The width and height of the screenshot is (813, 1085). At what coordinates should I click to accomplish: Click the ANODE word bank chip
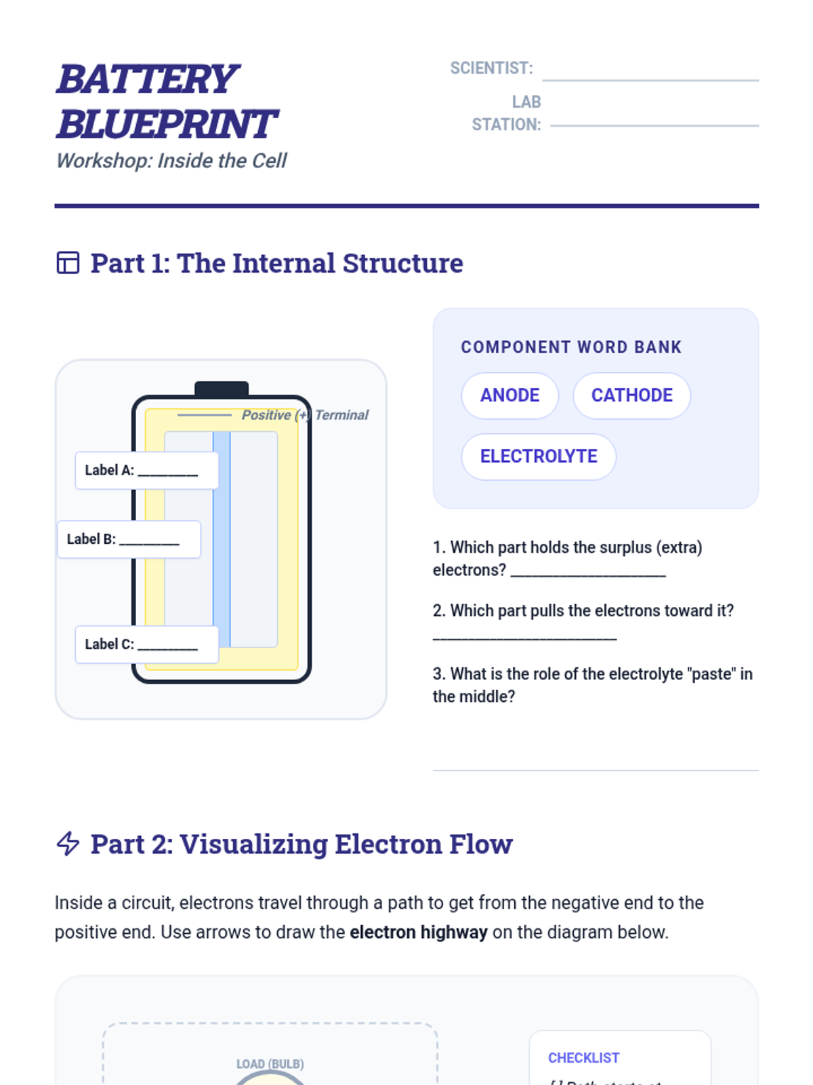click(509, 395)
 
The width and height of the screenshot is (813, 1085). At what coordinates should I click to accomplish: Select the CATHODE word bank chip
click(631, 395)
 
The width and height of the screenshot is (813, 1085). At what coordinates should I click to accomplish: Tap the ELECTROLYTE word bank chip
click(539, 456)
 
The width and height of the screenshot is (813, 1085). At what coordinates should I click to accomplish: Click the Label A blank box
click(146, 470)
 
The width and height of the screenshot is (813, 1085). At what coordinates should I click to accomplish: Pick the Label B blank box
click(129, 539)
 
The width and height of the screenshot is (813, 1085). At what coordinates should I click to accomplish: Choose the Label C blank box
click(146, 644)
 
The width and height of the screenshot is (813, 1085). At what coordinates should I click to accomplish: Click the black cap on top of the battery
click(222, 389)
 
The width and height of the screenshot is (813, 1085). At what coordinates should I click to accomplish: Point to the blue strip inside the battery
click(222, 539)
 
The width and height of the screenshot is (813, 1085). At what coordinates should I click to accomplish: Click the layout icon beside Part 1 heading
click(68, 262)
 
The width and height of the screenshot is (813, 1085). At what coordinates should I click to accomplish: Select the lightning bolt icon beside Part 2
click(68, 844)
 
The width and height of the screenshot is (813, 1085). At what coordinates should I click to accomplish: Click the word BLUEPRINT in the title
click(167, 124)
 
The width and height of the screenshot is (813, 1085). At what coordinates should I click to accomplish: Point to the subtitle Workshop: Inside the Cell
click(171, 161)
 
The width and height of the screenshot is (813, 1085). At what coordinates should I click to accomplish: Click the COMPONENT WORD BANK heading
click(571, 347)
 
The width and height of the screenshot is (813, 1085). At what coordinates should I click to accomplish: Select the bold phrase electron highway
click(418, 932)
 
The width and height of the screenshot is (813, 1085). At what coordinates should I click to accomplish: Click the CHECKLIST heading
click(583, 1058)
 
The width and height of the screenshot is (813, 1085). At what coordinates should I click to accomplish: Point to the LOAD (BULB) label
click(270, 1064)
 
